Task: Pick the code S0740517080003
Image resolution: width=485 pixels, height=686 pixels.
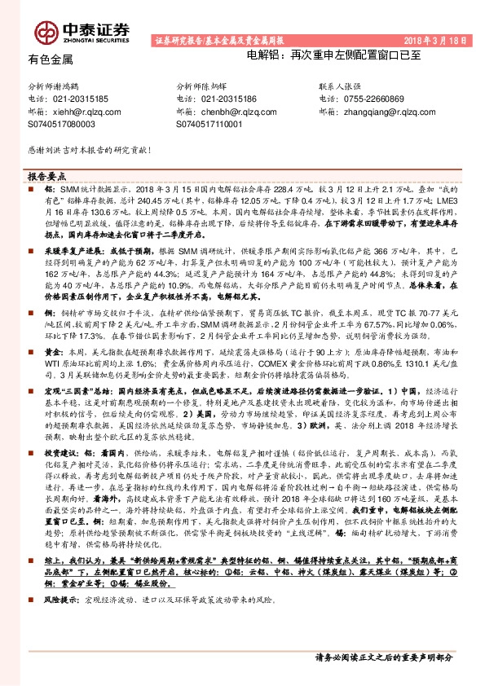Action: pos(62,125)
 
